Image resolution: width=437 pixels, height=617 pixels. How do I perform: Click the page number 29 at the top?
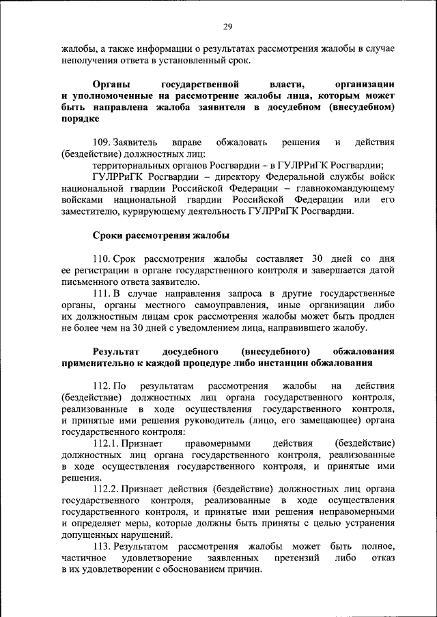coord(227,27)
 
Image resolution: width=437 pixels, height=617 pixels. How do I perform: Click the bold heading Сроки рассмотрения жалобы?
coord(160,235)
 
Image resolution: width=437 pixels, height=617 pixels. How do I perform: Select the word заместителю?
coord(90,211)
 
